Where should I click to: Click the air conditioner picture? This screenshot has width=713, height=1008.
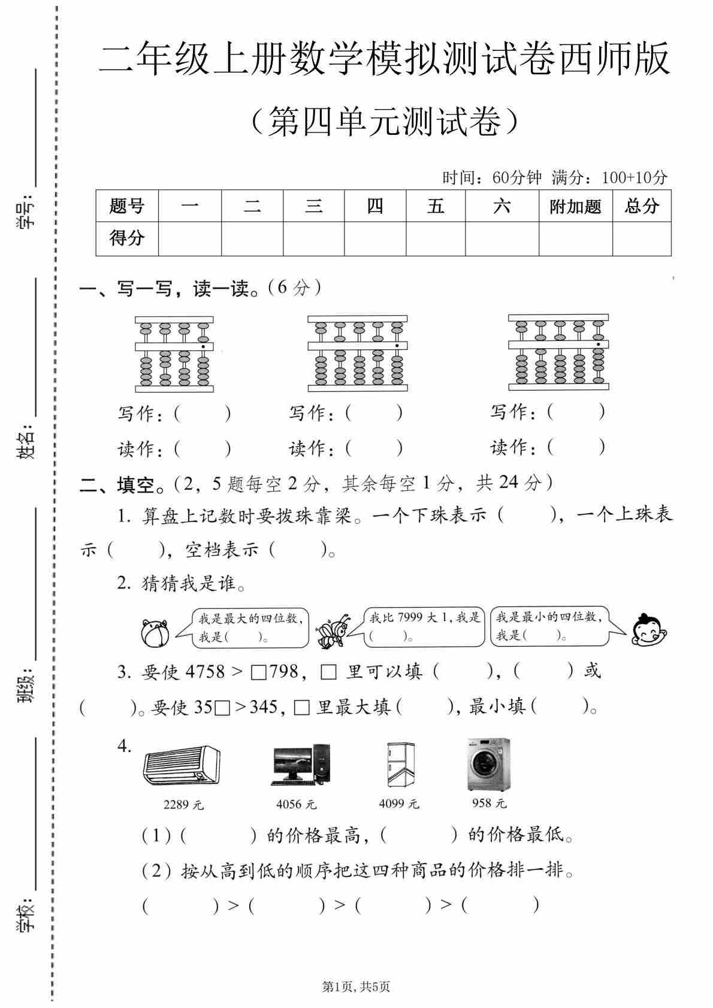(182, 765)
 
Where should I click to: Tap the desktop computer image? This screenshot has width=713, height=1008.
(301, 765)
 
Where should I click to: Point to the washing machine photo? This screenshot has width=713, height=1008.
(489, 764)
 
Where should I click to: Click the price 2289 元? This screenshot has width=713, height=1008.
(183, 805)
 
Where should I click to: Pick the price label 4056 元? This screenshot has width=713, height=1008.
(296, 804)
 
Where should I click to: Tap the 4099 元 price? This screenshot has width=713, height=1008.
(399, 804)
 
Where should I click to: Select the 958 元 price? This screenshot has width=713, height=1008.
(489, 802)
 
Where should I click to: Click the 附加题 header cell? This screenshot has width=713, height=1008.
(575, 207)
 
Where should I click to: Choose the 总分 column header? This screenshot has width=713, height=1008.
(641, 207)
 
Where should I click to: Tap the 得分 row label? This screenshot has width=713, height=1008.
(127, 239)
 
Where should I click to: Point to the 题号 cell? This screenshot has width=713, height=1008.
(127, 207)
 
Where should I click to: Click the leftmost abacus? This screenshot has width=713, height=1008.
(174, 354)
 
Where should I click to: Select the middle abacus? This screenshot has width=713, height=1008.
(357, 354)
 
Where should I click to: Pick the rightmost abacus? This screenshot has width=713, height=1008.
(558, 352)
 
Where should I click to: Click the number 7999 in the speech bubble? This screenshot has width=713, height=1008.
(410, 617)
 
